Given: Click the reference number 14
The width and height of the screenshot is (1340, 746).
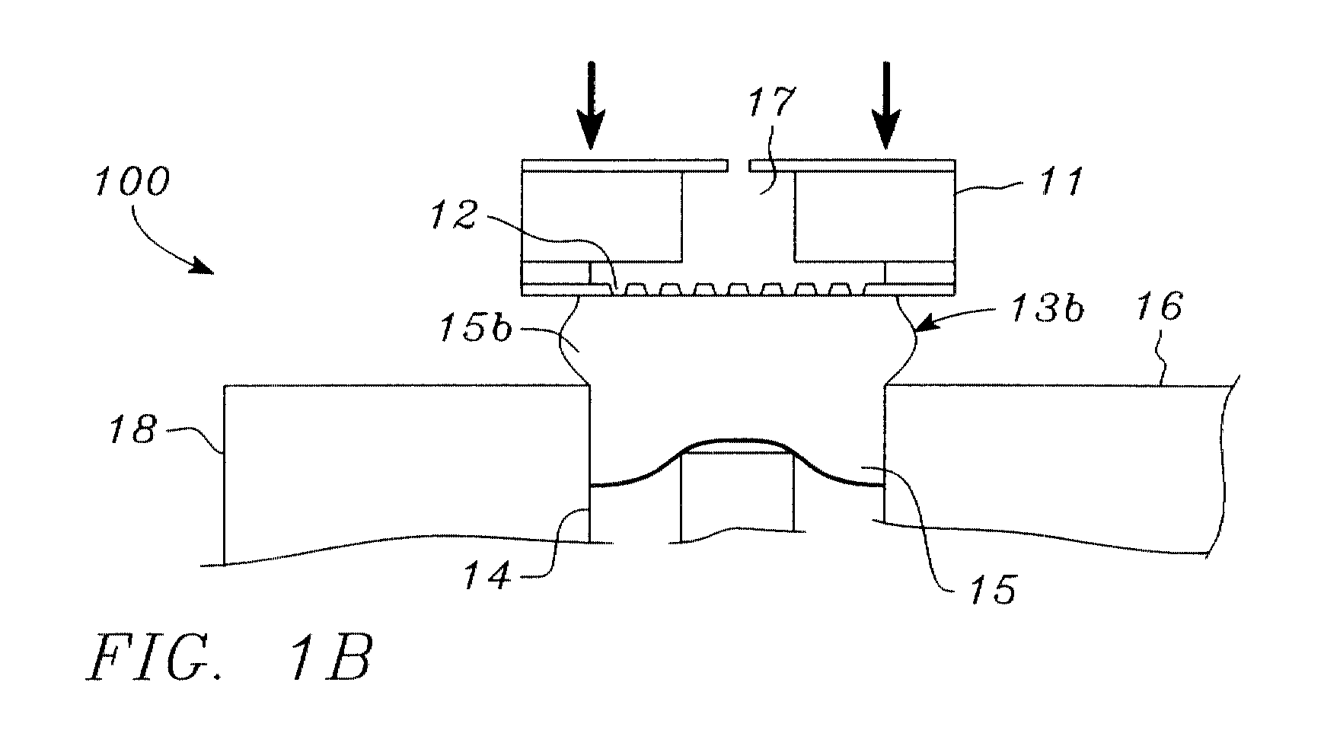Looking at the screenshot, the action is point(487,576).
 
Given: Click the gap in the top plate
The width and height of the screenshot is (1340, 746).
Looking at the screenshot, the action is point(739,164).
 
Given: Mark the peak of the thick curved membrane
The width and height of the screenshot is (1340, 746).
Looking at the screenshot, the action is point(737,440).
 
